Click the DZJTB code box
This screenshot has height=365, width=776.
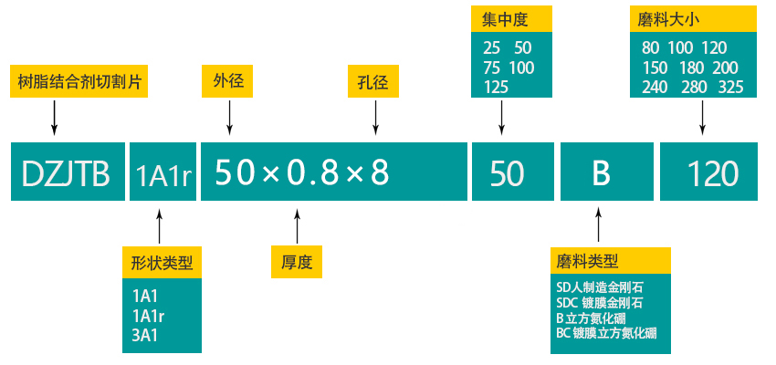[x=66, y=172]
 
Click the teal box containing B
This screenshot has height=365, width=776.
[x=600, y=172]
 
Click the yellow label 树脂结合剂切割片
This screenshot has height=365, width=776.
[x=79, y=81]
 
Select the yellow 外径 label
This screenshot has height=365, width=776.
[x=228, y=81]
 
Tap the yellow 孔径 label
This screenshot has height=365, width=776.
[x=373, y=81]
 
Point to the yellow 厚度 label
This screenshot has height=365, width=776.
[x=297, y=263]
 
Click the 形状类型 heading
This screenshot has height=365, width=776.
[x=162, y=263]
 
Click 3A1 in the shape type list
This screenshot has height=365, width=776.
[x=147, y=335]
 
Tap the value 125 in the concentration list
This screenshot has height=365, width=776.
[x=496, y=88]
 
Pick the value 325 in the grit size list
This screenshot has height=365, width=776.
[x=730, y=88]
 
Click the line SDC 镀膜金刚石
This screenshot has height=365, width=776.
[x=599, y=302]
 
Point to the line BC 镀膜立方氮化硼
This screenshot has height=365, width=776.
[x=606, y=333]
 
